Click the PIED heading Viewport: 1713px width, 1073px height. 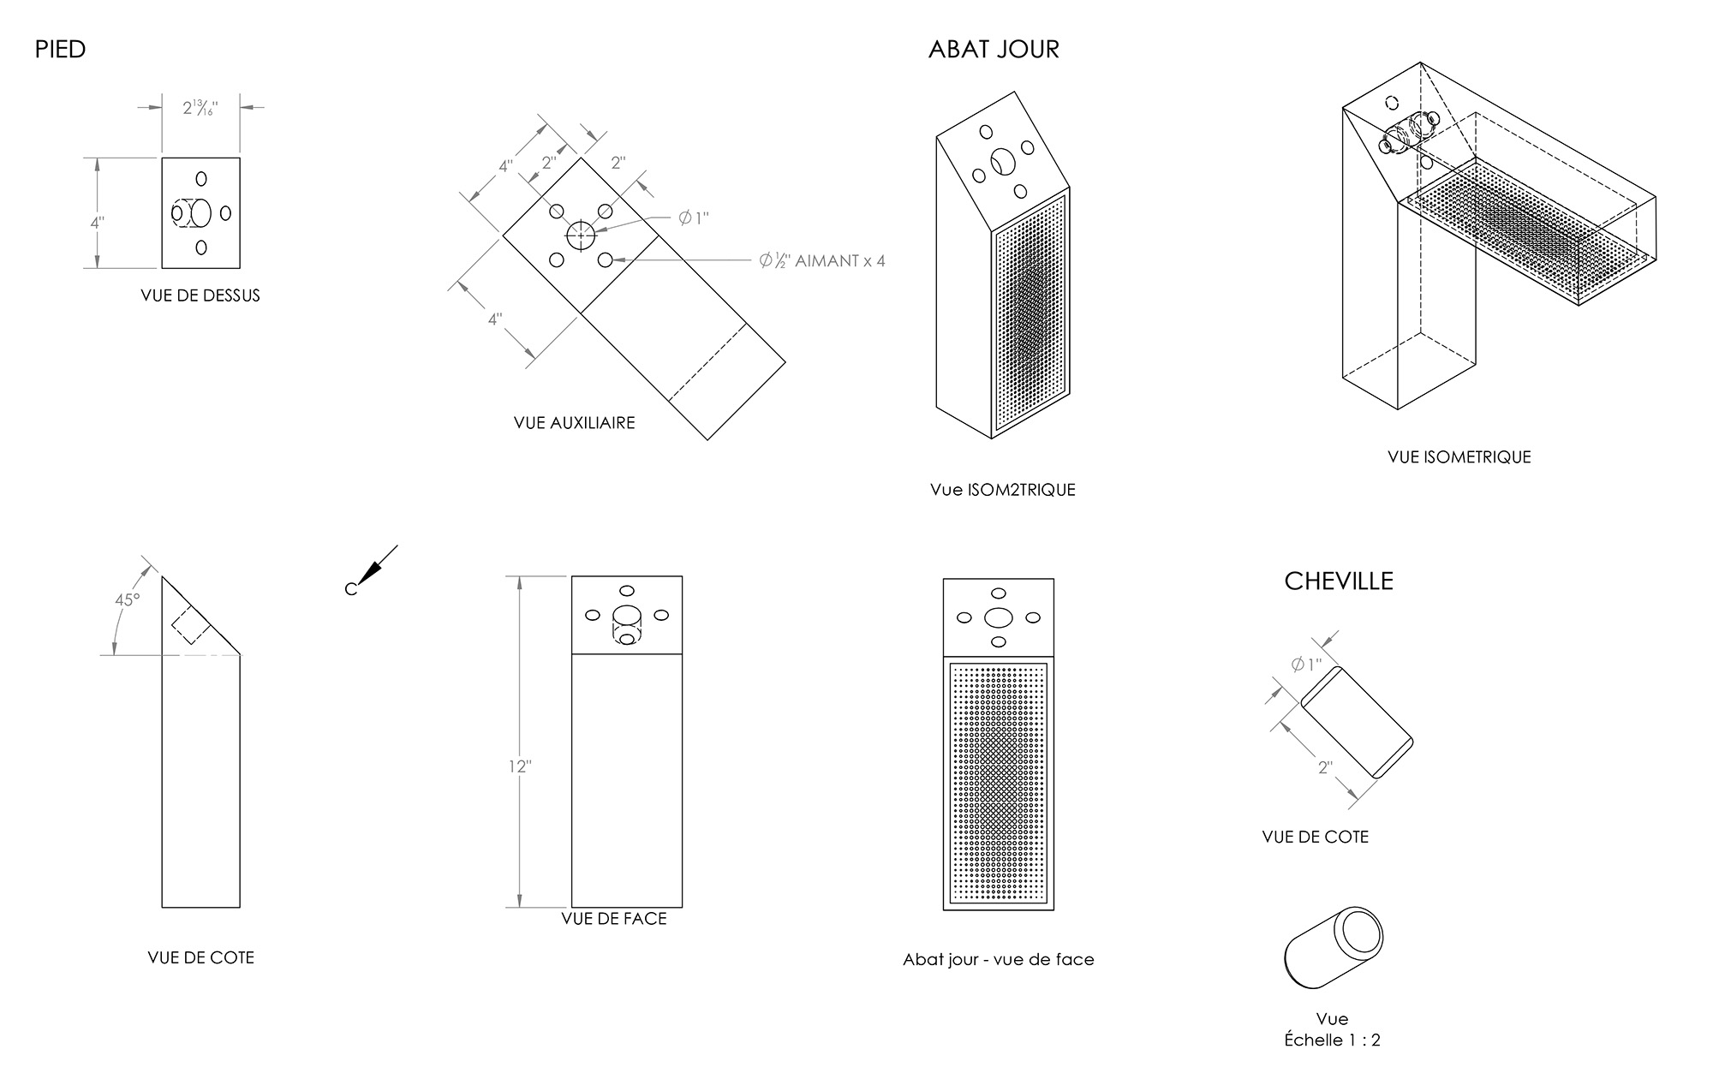coord(60,50)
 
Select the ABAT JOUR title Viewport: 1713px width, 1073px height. coord(994,50)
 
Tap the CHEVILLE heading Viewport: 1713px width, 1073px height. coord(1339,581)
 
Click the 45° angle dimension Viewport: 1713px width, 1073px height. coord(128,600)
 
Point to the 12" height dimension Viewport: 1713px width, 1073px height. coord(519,766)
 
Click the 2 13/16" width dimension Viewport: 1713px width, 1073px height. coord(200,109)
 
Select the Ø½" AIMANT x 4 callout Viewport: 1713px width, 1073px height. coord(822,261)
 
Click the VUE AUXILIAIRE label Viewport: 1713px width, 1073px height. coord(574,423)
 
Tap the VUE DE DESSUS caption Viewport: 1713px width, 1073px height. coord(200,296)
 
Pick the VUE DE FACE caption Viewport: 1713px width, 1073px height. coord(613,919)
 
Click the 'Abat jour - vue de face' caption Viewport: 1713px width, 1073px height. coord(998,960)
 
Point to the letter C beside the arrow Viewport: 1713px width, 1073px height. coord(350,589)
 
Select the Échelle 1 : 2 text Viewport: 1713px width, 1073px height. coord(1332,1040)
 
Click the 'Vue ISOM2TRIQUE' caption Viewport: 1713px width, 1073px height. coord(1002,491)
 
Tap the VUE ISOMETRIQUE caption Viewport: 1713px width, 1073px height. coord(1459,457)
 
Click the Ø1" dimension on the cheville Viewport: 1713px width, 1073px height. coord(1306,665)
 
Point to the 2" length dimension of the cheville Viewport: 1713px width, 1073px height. coord(1325,767)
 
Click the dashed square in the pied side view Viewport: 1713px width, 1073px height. coord(191,626)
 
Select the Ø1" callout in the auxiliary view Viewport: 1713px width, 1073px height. coord(694,218)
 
